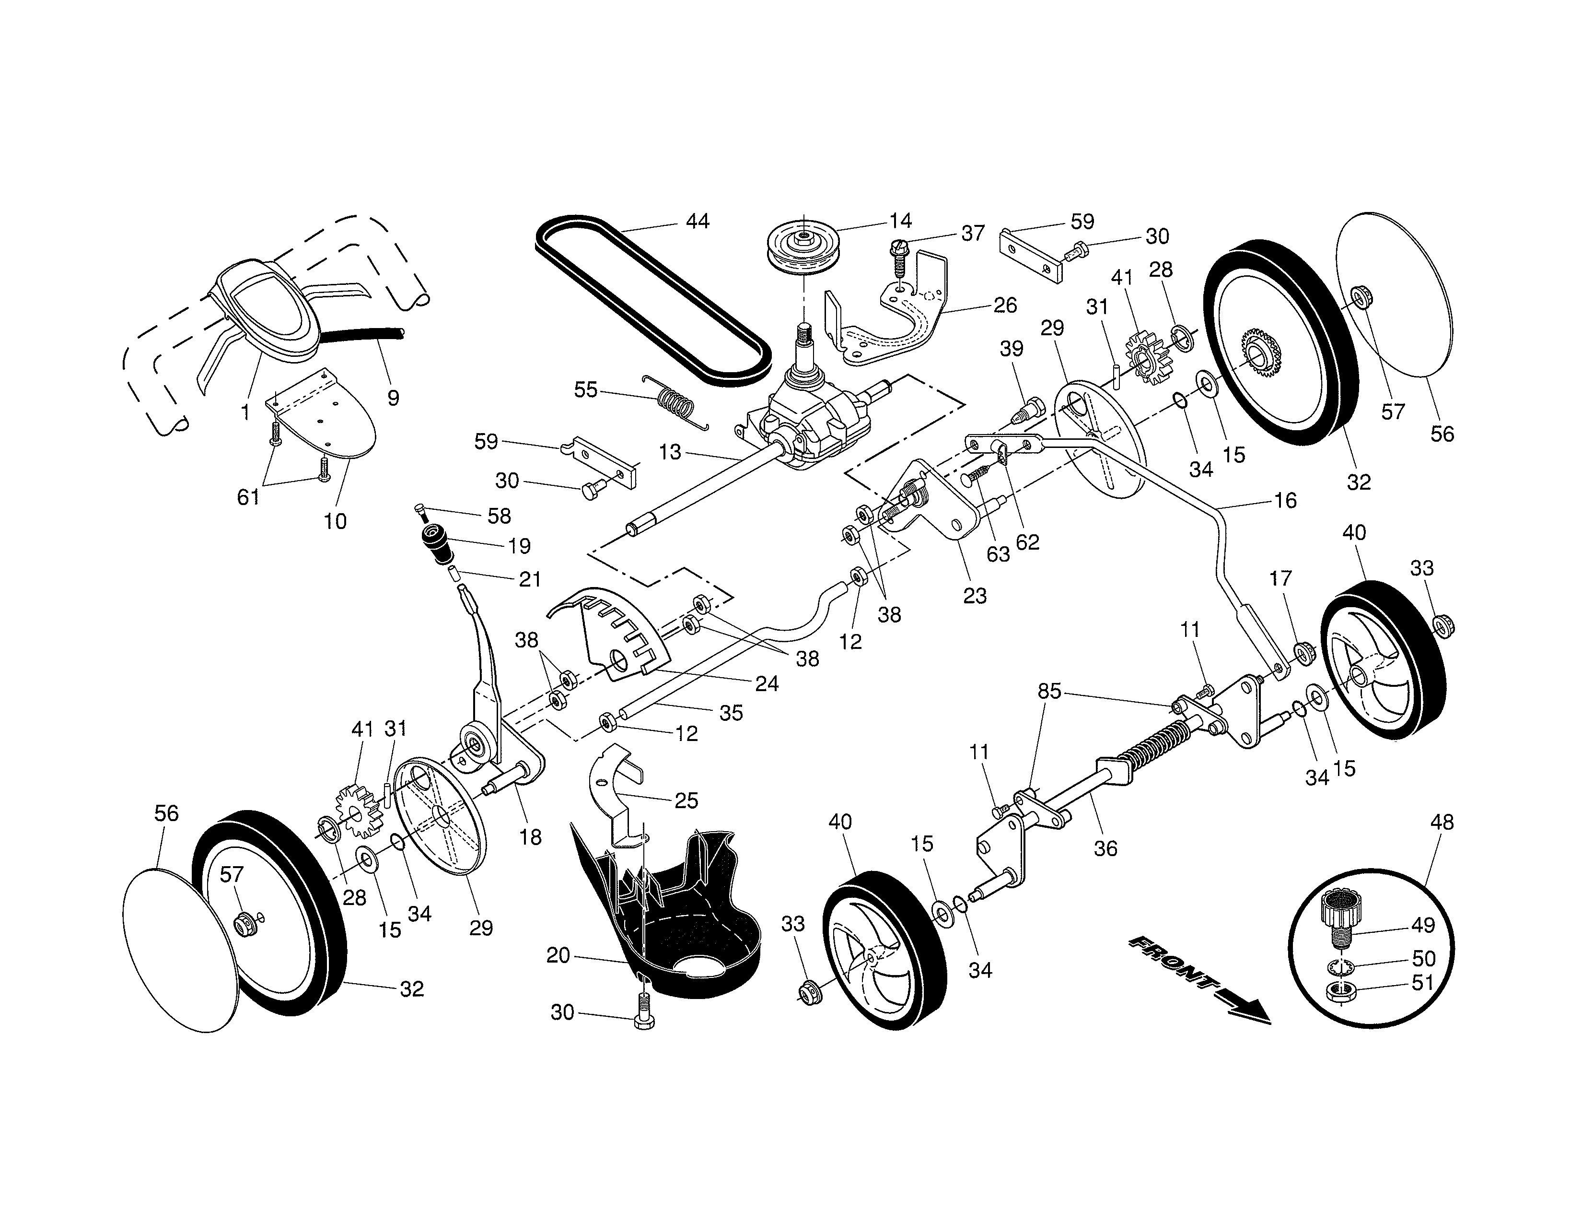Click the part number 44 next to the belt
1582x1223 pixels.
[x=697, y=221]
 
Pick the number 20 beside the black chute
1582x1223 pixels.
[x=558, y=956]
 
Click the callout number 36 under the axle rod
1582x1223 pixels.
[x=1105, y=848]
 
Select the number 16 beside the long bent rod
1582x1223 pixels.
[x=1285, y=501]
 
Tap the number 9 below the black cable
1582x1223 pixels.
[x=393, y=398]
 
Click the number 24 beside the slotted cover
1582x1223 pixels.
[x=767, y=683]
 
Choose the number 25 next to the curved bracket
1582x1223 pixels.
[x=686, y=800]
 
